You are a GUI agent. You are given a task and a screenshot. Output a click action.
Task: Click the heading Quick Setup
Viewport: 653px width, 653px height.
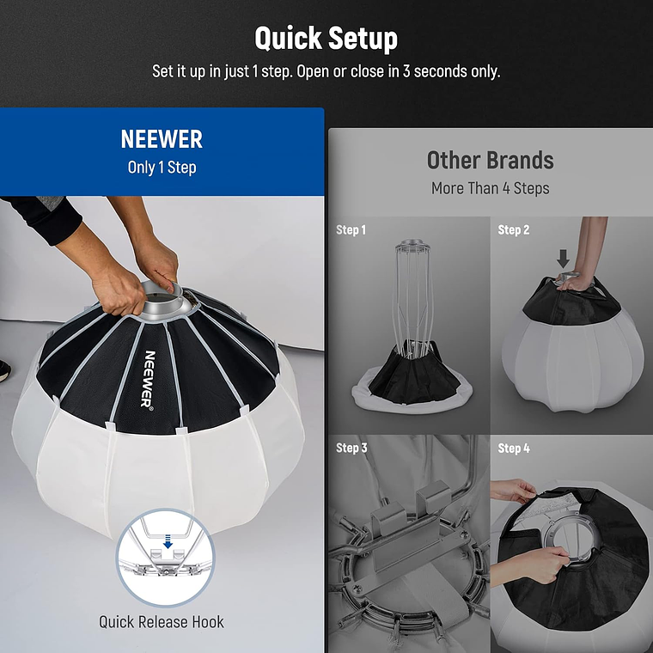[326, 39]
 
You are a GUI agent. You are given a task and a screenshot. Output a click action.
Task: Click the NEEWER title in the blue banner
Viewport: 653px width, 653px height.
[162, 140]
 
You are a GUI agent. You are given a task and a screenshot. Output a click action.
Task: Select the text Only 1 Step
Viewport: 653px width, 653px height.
[162, 168]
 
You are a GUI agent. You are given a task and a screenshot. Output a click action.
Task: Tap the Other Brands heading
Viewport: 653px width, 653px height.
[490, 160]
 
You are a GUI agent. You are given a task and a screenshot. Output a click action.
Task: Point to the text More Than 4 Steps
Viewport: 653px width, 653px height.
[490, 188]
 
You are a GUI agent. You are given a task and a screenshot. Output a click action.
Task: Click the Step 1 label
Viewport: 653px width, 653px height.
[351, 230]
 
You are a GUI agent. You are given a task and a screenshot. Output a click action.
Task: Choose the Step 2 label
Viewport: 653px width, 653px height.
[514, 230]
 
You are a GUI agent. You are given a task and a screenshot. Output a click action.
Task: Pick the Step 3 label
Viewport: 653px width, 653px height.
[351, 448]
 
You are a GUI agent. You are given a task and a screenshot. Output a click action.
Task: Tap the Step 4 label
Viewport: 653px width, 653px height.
[514, 448]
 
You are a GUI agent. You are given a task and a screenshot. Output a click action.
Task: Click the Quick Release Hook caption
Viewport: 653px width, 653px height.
[162, 621]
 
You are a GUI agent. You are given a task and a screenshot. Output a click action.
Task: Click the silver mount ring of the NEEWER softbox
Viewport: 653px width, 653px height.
[168, 296]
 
